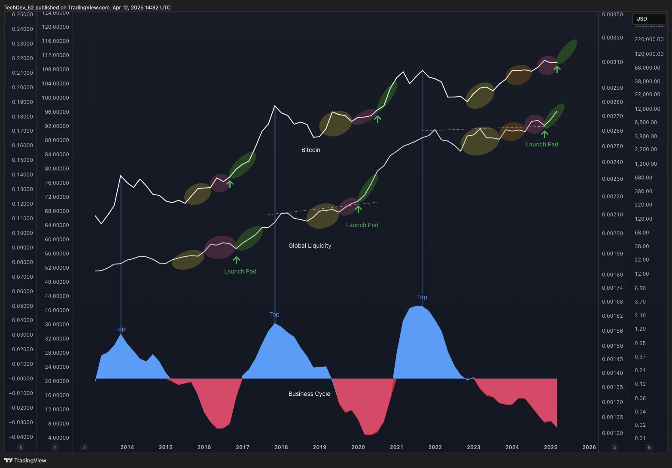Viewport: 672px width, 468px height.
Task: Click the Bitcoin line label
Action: [x=310, y=150]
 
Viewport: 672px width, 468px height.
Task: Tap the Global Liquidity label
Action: [x=310, y=246]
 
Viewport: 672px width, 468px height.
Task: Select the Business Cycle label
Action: [x=309, y=394]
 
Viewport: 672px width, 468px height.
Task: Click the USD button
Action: [x=642, y=19]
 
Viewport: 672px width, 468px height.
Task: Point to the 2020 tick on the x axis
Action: [x=358, y=447]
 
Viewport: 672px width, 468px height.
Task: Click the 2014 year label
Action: [x=127, y=447]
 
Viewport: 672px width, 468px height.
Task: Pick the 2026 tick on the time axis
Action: [x=589, y=447]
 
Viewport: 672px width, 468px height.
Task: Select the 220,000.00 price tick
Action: [x=649, y=40]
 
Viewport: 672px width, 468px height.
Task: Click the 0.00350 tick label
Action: [x=612, y=15]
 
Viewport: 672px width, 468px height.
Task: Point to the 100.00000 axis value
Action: [x=55, y=98]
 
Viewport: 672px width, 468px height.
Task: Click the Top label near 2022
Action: [x=422, y=297]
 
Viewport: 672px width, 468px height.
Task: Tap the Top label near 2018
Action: [x=274, y=314]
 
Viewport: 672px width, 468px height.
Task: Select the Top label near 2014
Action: [x=120, y=329]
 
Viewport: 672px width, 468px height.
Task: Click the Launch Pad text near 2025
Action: [x=542, y=144]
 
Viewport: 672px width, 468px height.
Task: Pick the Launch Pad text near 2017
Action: [x=240, y=271]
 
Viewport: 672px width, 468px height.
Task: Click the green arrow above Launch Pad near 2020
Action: [x=358, y=209]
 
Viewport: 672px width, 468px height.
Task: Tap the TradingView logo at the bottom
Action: [x=25, y=460]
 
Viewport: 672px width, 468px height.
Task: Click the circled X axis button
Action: [x=20, y=447]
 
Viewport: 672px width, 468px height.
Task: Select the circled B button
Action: [x=649, y=447]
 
